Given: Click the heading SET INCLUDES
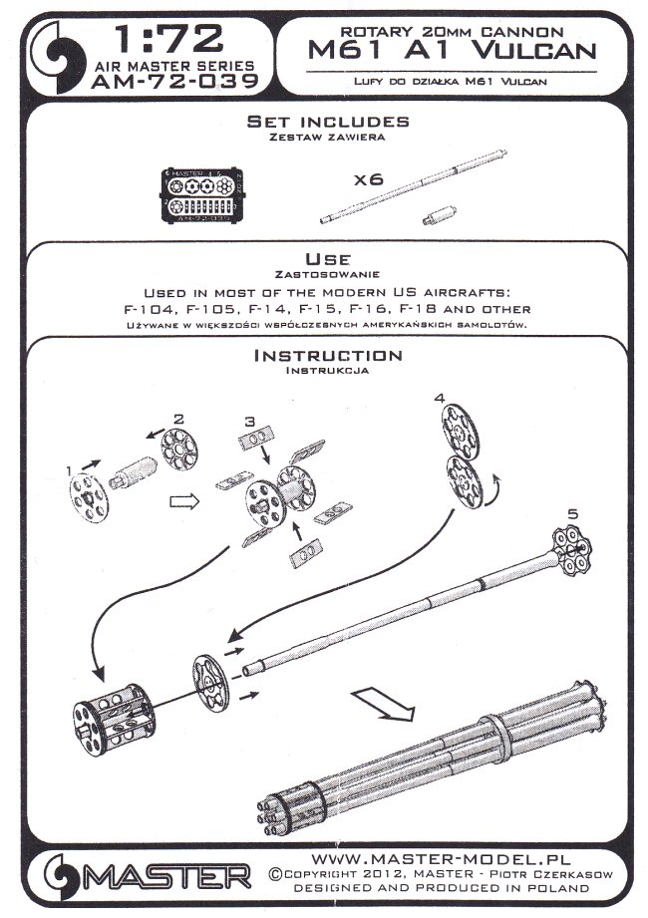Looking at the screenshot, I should point(328,121).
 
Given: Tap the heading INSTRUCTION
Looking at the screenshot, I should point(328,356).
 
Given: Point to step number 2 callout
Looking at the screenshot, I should point(179,419).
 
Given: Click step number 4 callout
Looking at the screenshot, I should point(440,399).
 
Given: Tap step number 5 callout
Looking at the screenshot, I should point(572,512).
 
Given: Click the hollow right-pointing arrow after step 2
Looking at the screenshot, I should point(182,502).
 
